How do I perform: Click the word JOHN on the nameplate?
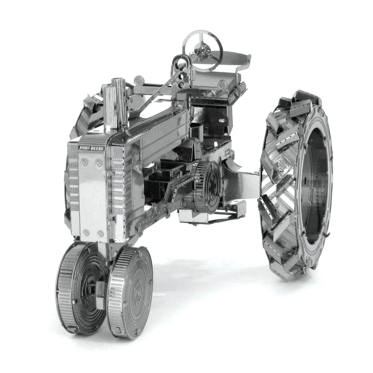[84, 148]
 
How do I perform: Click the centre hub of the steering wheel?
[201, 49]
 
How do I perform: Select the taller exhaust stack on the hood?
[118, 103]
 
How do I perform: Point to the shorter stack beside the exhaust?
[110, 108]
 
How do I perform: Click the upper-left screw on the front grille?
[84, 163]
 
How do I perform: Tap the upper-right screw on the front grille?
[98, 164]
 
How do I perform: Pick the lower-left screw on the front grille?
[86, 232]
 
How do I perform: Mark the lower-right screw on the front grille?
[101, 234]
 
